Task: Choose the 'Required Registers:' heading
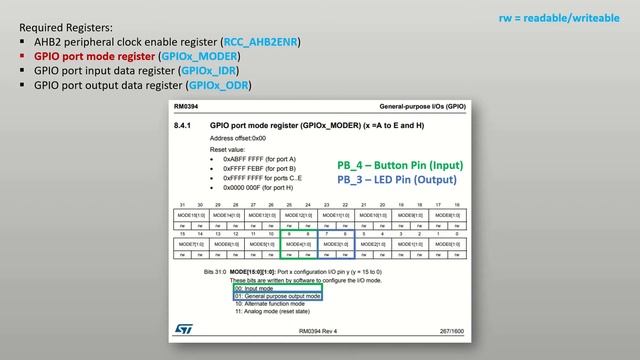(x=66, y=27)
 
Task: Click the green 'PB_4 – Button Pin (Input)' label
(x=400, y=165)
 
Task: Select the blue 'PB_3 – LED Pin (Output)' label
(x=396, y=180)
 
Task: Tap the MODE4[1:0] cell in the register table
(x=297, y=243)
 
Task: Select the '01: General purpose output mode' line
(x=277, y=296)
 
